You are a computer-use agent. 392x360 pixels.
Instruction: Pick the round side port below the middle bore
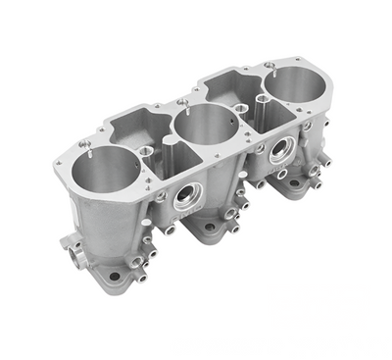click(186, 200)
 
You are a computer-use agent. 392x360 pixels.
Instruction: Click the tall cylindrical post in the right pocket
click(260, 101)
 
